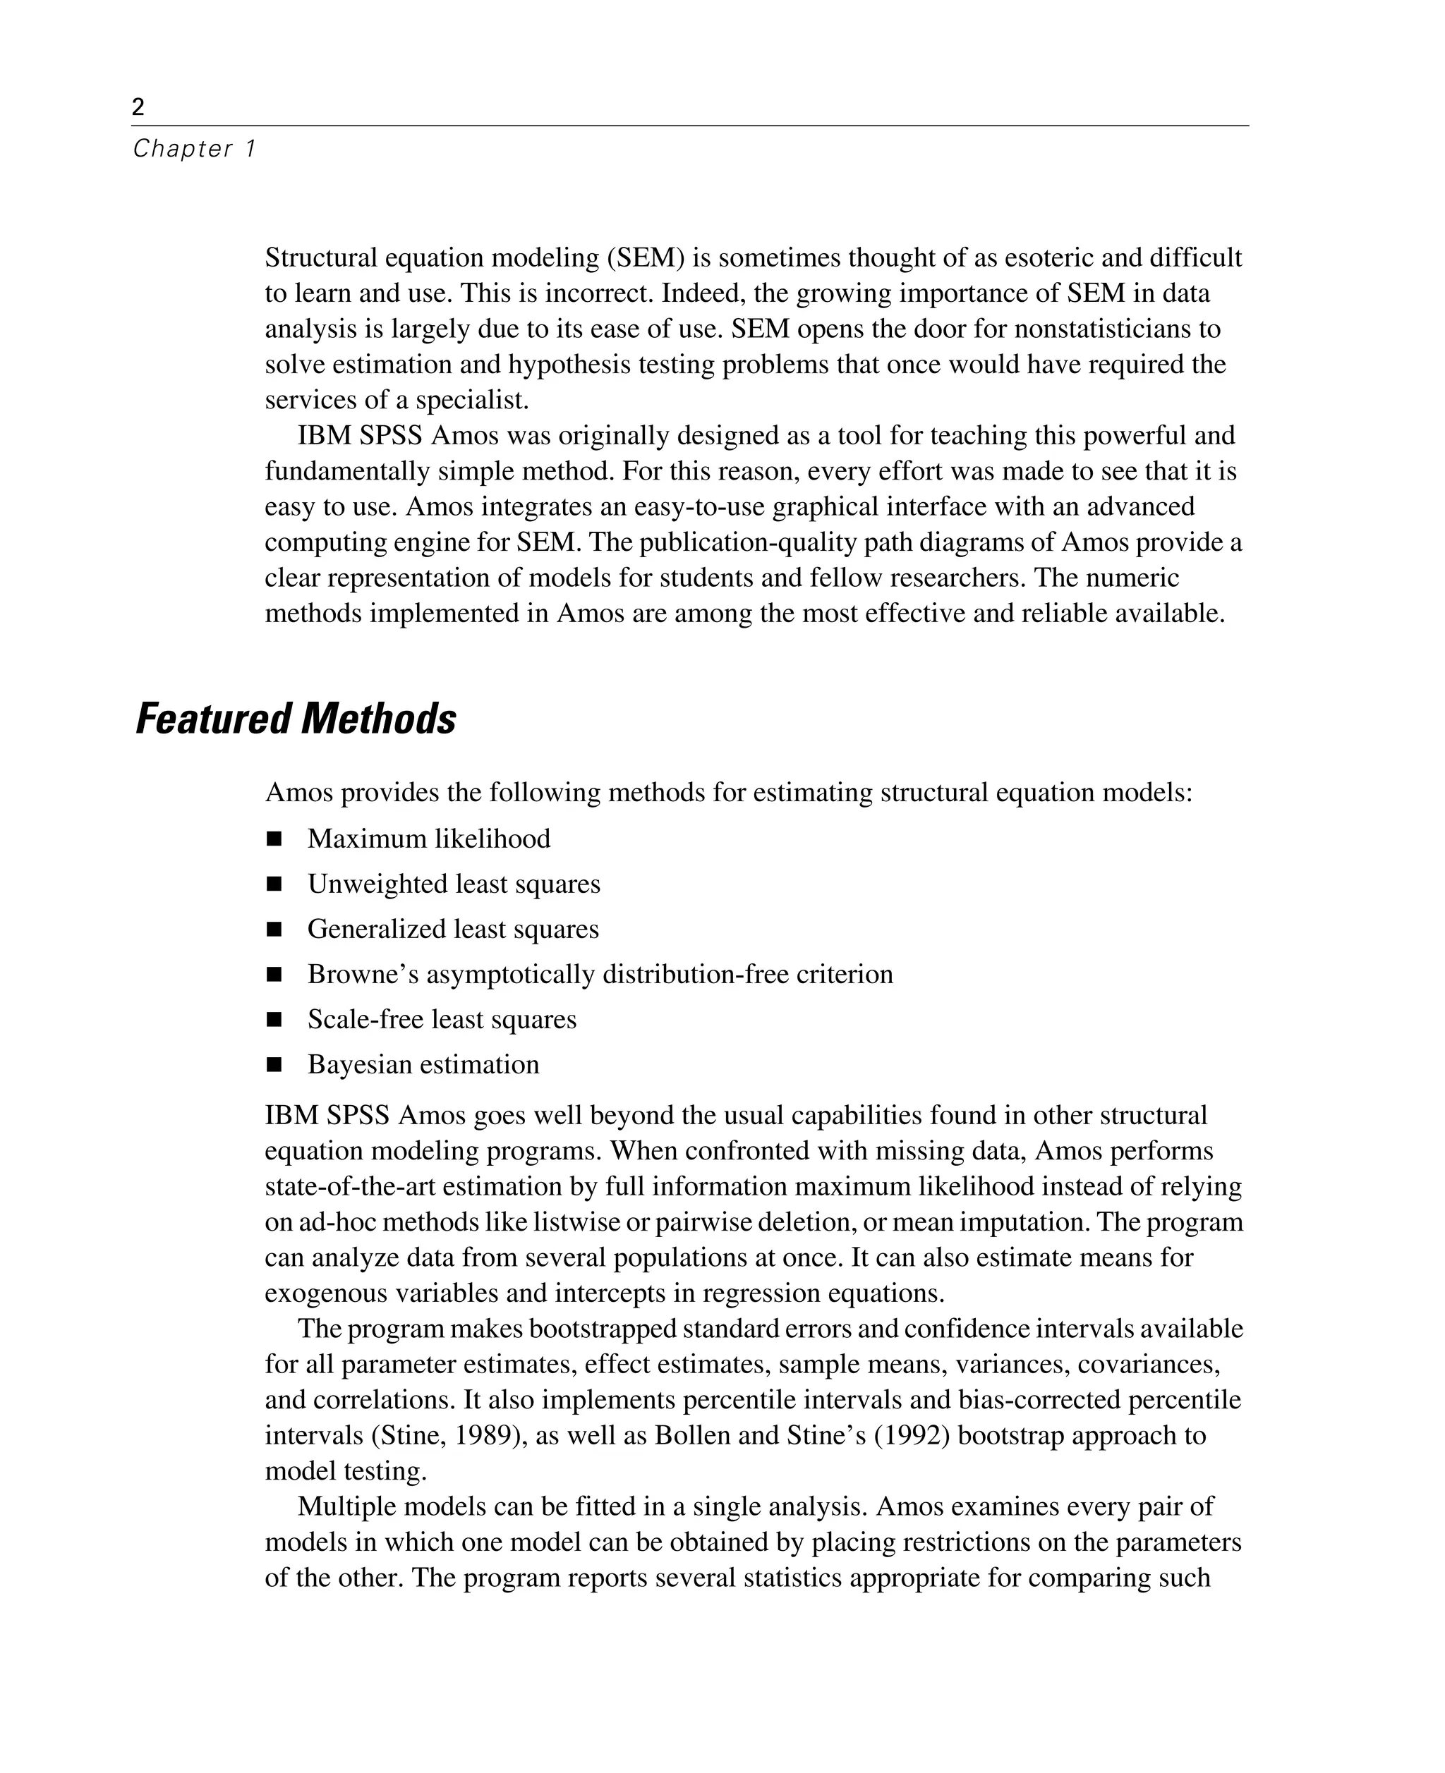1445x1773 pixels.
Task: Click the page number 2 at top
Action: [138, 106]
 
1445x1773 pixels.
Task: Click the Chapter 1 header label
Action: [194, 149]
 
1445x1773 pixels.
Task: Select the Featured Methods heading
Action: [296, 719]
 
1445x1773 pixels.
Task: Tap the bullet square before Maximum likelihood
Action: [274, 839]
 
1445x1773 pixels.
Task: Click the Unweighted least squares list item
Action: [454, 884]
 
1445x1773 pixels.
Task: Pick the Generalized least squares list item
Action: [453, 929]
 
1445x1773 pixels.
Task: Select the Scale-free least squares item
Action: [441, 1019]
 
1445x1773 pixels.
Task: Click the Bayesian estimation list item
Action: [423, 1064]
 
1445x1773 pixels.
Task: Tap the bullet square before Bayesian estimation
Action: [274, 1065]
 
